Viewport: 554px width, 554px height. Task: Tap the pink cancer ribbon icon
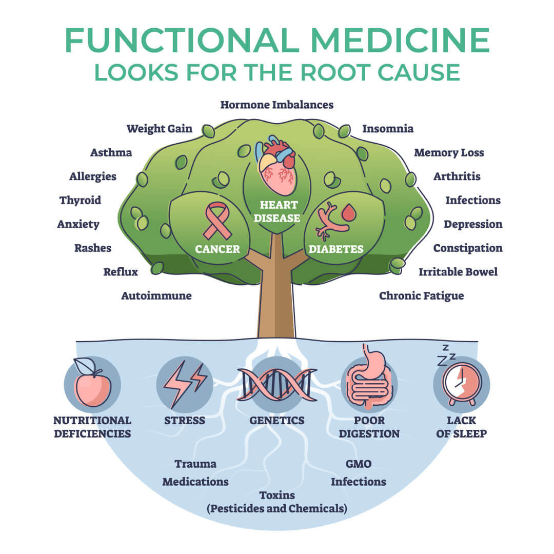217,221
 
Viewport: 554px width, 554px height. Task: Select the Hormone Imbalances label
277,105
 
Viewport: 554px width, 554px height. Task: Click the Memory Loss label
449,152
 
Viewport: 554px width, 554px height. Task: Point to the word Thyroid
80,200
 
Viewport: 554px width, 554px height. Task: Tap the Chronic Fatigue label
421,295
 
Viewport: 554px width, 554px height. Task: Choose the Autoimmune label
156,295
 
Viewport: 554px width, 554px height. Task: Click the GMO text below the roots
359,464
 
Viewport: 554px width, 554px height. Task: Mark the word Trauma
195,464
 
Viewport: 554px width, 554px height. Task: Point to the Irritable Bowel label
458,271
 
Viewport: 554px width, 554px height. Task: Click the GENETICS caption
277,420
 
